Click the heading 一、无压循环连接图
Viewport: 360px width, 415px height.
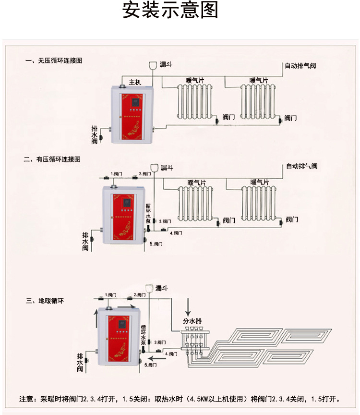(x=54, y=61)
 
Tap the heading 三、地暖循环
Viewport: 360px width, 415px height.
(x=45, y=301)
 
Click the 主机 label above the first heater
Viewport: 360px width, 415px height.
(x=135, y=82)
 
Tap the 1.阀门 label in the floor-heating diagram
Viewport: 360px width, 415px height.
(x=111, y=294)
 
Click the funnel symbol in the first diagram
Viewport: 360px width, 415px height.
(x=153, y=65)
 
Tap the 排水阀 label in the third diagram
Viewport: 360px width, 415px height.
(x=80, y=362)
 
